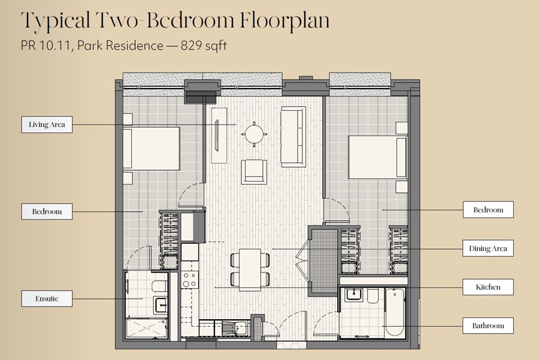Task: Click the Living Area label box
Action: point(47,125)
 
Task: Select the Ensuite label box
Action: point(47,298)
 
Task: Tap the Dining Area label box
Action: point(488,248)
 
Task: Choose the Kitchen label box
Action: point(488,287)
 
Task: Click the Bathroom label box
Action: point(488,326)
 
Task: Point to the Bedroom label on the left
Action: point(47,211)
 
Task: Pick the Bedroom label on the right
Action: point(488,210)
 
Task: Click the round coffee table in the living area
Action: point(255,134)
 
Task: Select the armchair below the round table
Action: point(254,171)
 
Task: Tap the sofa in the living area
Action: point(293,137)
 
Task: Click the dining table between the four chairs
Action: point(250,270)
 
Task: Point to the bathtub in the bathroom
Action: point(395,312)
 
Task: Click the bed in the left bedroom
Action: point(152,149)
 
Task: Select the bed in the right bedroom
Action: point(378,157)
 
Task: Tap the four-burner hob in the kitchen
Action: point(190,279)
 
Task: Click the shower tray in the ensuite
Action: point(147,328)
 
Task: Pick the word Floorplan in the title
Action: point(284,20)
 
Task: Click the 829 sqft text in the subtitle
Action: point(204,46)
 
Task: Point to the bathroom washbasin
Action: point(353,295)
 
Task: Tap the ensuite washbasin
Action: point(161,305)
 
